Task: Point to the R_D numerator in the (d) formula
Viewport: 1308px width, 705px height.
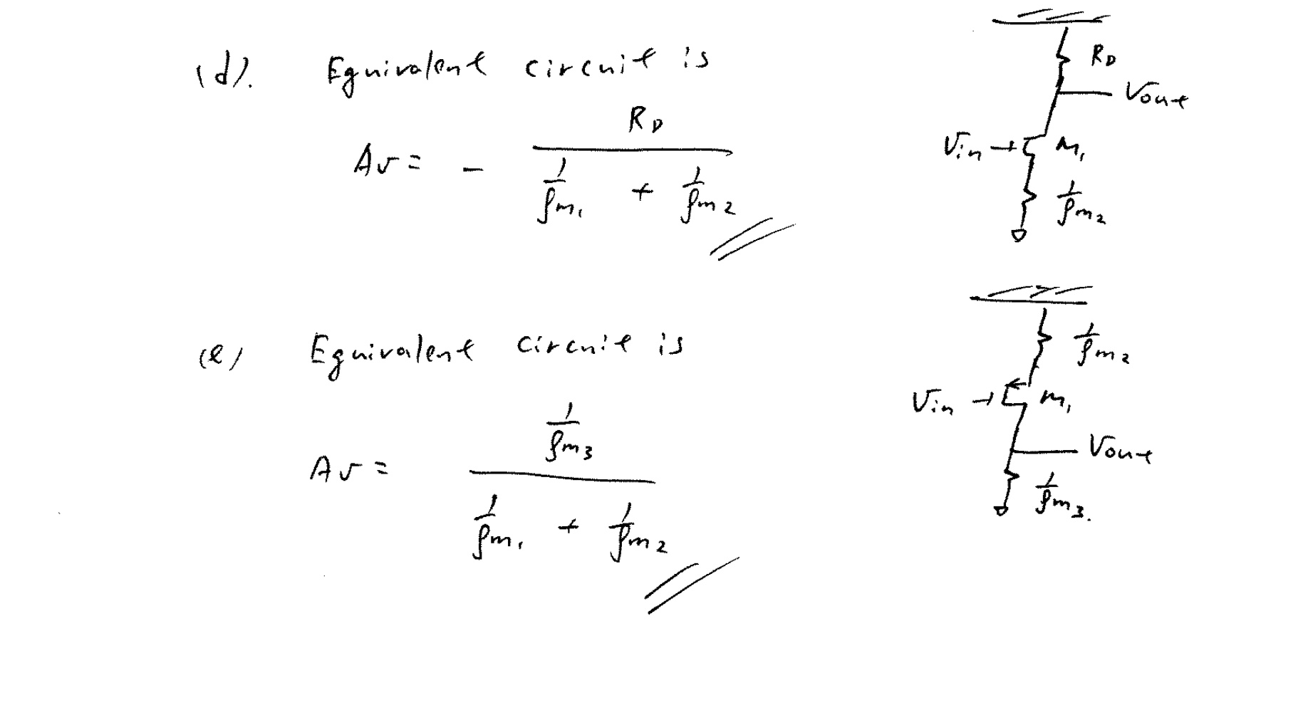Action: [x=645, y=122]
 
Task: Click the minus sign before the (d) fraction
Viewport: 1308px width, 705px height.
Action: [x=472, y=169]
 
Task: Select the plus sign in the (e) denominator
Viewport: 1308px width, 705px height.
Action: [x=569, y=528]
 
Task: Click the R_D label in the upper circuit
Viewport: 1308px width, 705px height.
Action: [x=1103, y=57]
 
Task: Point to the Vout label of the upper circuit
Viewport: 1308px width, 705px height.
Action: [x=1156, y=95]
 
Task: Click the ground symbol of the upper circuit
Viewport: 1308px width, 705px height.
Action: [x=1019, y=234]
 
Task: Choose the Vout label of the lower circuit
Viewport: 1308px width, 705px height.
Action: [x=1119, y=449]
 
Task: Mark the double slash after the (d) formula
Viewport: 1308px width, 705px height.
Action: [x=752, y=239]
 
